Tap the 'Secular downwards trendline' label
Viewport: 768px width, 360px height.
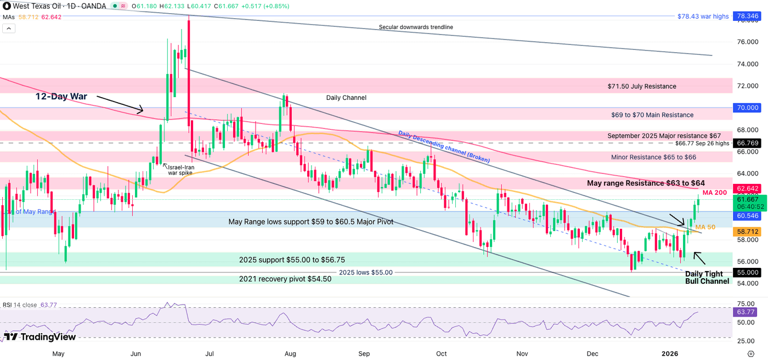pos(416,27)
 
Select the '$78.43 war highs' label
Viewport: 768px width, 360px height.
pos(704,16)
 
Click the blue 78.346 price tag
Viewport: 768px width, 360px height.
pos(747,16)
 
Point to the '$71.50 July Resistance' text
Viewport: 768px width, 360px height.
pos(642,86)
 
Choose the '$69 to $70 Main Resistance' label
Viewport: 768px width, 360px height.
pos(652,115)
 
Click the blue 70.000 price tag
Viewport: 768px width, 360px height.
pos(747,108)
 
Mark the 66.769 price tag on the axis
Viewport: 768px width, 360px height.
pos(747,143)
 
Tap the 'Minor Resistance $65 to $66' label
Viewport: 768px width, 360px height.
pos(653,157)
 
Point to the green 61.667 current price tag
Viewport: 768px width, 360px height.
pos(747,203)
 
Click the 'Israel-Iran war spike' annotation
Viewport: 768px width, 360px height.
pos(180,170)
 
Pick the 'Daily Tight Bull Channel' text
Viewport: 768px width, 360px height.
pos(707,277)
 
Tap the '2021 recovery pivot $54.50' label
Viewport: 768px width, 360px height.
pos(285,279)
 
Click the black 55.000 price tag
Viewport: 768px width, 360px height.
pos(747,272)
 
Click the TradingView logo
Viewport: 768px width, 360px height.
pos(39,336)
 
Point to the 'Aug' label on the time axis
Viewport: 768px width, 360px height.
pos(290,353)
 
